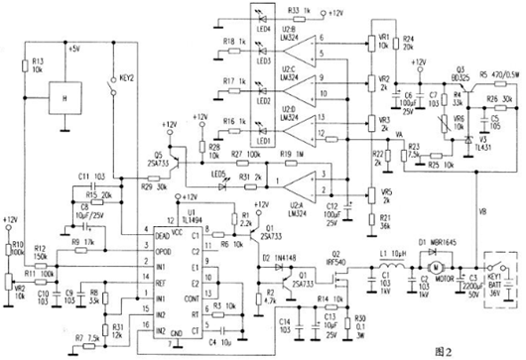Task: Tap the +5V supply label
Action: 71,47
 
